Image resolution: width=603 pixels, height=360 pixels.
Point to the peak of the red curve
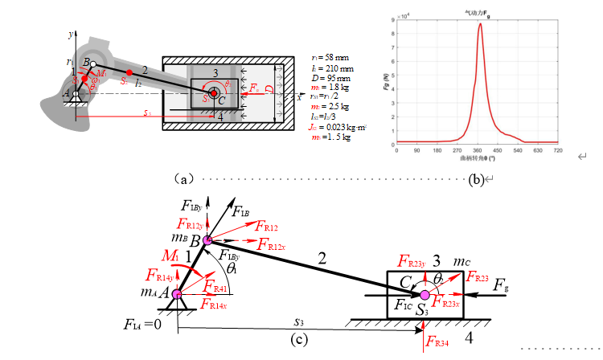pyautogui.click(x=480, y=24)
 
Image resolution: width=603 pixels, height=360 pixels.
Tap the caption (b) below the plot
pyautogui.click(x=476, y=178)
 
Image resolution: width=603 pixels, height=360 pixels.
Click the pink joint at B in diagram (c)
pyautogui.click(x=207, y=240)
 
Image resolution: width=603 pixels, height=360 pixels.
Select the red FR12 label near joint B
pyautogui.click(x=269, y=227)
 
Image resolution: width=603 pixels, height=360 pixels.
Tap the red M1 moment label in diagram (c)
pyautogui.click(x=170, y=256)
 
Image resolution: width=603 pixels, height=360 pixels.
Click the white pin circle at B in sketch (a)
pyautogui.click(x=94, y=64)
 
